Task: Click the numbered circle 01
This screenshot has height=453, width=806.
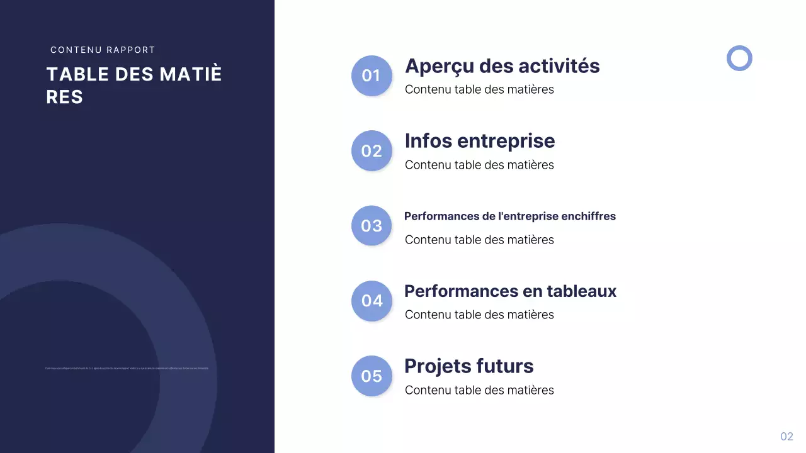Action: pos(372,75)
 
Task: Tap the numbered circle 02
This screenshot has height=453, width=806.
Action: pos(372,151)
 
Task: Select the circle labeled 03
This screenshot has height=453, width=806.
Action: pos(372,226)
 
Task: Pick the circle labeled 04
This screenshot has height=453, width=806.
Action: pos(372,301)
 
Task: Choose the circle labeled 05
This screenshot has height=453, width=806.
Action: pos(372,376)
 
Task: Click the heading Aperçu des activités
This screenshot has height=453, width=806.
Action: pos(502,66)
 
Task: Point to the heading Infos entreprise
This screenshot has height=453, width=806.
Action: pos(479,141)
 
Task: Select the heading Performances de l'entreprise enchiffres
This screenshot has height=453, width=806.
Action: pos(509,216)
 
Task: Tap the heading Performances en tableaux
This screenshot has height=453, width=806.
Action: pos(510,291)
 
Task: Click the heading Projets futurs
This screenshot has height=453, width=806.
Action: pos(468,366)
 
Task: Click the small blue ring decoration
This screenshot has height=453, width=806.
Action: pos(739,58)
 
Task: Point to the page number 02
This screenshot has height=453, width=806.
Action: pos(786,437)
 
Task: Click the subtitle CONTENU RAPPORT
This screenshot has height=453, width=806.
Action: pos(103,50)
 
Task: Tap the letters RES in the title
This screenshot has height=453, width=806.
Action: pos(64,97)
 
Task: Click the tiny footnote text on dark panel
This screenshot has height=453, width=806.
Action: pos(127,368)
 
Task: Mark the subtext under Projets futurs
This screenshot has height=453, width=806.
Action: pos(479,390)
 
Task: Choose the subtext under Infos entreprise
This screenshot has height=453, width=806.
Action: pos(479,165)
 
